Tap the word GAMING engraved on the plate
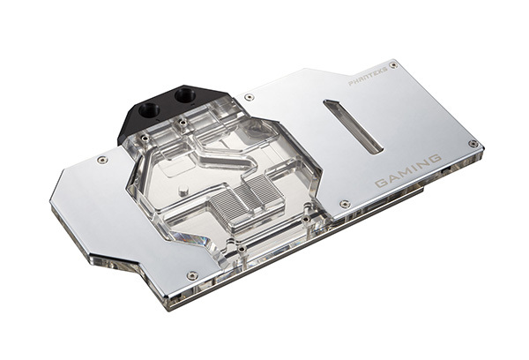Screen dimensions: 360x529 tap(408, 170)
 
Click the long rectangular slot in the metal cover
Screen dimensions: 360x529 tap(354, 126)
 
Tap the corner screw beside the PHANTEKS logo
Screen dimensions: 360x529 tap(393, 64)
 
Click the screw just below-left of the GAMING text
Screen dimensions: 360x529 tap(345, 204)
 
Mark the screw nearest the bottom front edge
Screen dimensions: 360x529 tap(192, 275)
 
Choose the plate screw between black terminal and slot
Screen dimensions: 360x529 tap(250, 96)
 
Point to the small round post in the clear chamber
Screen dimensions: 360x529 tap(180, 189)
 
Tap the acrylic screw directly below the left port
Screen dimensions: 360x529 tap(145, 139)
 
